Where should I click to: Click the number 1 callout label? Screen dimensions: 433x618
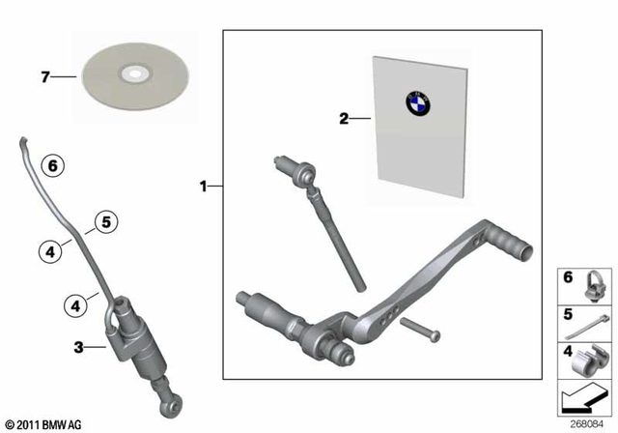[x=204, y=187]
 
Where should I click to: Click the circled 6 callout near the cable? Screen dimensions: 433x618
[x=53, y=167]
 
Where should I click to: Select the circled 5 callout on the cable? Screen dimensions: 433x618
[x=105, y=222]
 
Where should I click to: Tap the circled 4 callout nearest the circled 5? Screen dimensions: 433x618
[x=49, y=250]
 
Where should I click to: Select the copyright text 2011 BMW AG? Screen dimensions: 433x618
[x=44, y=424]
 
